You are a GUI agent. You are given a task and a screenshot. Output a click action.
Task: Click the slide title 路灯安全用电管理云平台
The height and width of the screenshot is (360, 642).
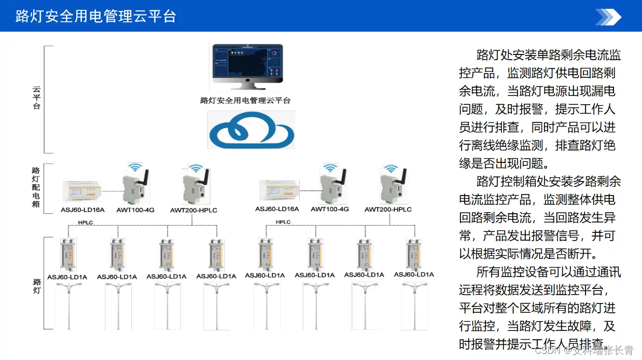[96, 16]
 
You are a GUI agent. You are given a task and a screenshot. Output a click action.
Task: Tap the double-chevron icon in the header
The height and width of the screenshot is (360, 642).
[608, 17]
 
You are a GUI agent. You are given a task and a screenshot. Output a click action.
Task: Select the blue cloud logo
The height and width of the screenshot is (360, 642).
[251, 130]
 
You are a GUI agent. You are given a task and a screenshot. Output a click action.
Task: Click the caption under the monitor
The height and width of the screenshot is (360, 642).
[245, 101]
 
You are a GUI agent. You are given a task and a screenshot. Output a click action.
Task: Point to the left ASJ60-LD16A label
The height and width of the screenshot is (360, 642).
[83, 210]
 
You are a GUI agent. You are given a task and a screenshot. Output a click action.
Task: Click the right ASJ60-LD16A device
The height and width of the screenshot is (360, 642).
[278, 191]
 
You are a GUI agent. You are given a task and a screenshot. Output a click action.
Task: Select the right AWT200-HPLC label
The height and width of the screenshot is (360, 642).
[388, 210]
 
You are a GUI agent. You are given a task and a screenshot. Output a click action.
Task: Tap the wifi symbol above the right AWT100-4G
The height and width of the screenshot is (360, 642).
[330, 168]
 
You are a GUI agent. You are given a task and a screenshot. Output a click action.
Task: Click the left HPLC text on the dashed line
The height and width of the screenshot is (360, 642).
[86, 223]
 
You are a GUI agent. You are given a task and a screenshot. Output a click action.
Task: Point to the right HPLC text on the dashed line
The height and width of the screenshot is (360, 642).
[283, 222]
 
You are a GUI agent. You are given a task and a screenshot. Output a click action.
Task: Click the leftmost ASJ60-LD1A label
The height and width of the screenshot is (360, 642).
[67, 277]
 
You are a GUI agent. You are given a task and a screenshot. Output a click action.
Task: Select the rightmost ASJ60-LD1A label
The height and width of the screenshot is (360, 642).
[414, 275]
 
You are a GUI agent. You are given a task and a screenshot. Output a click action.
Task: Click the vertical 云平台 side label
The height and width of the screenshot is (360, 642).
[37, 98]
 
